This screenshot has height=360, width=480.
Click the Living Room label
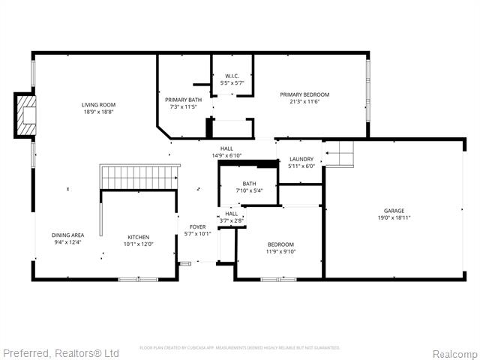pos(98,105)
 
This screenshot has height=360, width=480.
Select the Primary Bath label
pos(183,100)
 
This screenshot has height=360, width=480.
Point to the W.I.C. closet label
pos(232,76)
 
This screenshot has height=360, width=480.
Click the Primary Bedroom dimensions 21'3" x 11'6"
pos(304,102)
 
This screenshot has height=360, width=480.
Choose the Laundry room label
pos(301,159)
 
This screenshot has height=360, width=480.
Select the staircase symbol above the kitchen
pos(140,178)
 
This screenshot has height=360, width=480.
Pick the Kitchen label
pos(138,237)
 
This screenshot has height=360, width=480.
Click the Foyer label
pos(197,226)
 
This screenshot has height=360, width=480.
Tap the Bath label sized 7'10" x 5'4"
pos(249,184)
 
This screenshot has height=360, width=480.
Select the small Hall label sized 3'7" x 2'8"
pos(231,214)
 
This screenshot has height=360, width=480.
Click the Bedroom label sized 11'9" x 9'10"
pos(281,244)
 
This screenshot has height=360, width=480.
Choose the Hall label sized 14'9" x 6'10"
pos(226,148)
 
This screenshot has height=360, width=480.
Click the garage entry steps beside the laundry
pos(338,154)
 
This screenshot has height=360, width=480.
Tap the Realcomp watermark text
pos(454,353)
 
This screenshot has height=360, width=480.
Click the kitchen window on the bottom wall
pos(138,279)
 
